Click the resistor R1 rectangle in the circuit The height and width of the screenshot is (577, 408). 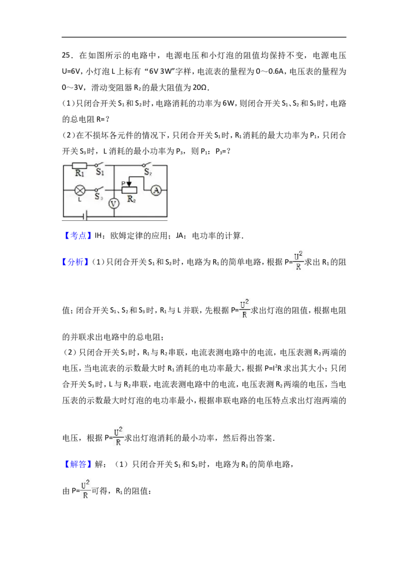coord(79,166)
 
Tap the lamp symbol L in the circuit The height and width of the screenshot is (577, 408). coord(80,190)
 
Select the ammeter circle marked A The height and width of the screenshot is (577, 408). coord(157,190)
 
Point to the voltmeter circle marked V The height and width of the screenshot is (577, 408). coord(114,203)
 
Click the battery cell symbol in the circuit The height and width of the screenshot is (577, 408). coord(85,216)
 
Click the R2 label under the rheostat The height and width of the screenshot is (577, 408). coord(132,199)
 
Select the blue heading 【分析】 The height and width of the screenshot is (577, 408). coord(76,262)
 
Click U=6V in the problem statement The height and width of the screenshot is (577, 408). coord(71,71)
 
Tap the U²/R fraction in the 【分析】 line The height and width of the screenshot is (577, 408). coord(298,260)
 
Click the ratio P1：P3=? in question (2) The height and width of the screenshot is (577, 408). coord(215,151)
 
